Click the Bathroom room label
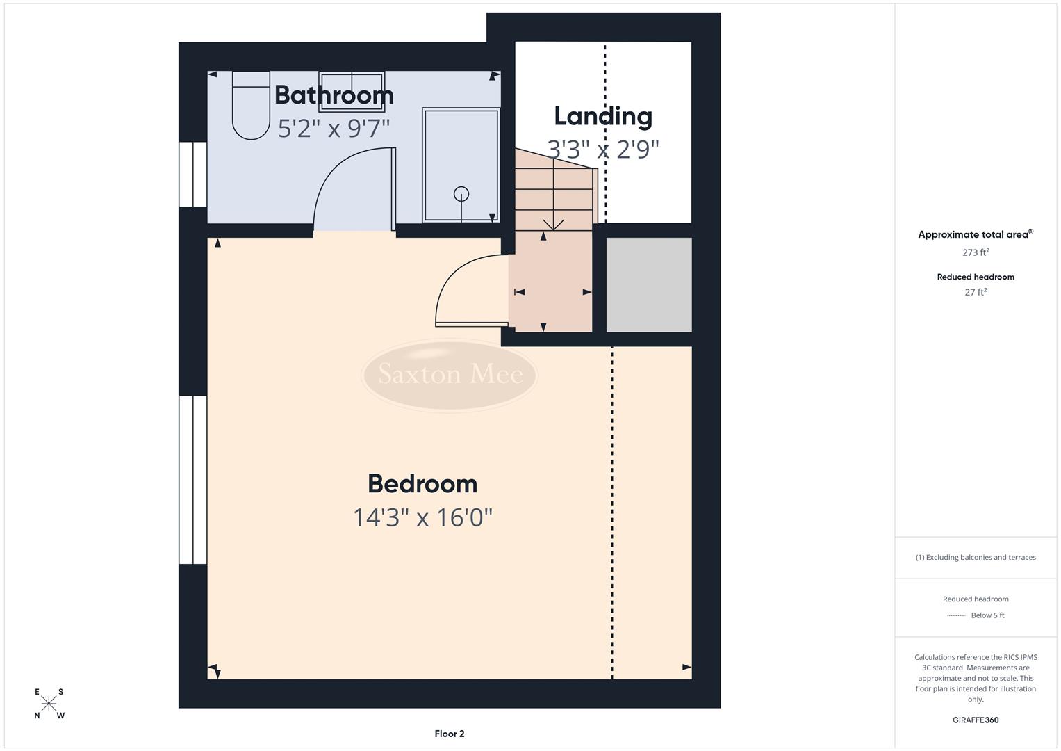click(x=334, y=95)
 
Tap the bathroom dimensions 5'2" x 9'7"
click(x=334, y=129)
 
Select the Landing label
click(x=603, y=116)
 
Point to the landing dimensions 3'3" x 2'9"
click(x=603, y=149)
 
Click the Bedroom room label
click(x=422, y=484)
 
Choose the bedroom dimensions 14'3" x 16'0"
click(x=422, y=517)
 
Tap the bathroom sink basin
click(x=352, y=91)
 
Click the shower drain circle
click(x=461, y=194)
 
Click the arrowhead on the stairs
click(x=553, y=225)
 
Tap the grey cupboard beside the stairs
click(x=649, y=284)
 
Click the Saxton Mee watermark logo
click(x=450, y=375)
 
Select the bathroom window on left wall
click(x=193, y=175)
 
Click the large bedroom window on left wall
click(x=193, y=480)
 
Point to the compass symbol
click(x=49, y=704)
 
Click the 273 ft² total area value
click(x=976, y=252)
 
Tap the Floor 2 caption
click(x=450, y=734)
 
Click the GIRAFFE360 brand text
click(x=976, y=720)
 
